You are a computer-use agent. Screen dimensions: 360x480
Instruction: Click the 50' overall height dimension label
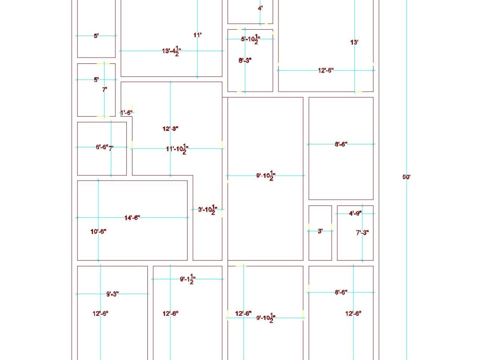pos(406,177)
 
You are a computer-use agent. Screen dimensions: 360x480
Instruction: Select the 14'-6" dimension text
pos(132,218)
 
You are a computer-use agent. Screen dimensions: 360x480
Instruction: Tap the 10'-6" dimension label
pos(98,232)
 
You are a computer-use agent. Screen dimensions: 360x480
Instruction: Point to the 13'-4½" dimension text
pos(171,50)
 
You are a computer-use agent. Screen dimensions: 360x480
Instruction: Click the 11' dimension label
pos(197,35)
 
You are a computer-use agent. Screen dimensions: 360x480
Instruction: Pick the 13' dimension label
pos(354,43)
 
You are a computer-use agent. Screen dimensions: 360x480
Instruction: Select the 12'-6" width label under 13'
pos(325,71)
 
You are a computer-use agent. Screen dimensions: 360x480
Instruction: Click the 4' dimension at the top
pos(260,8)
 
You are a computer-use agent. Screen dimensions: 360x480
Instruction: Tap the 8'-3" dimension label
pos(245,60)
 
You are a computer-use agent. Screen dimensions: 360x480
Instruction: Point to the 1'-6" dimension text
pos(126,113)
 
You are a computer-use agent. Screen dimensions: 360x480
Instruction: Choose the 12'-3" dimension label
pos(170,129)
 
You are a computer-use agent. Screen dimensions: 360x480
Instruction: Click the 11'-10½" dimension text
pos(177,149)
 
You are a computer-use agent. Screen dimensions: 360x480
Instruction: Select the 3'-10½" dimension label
pos(208,210)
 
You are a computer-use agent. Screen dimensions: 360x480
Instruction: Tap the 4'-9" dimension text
pos(355,213)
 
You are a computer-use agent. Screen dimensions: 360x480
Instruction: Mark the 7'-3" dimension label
pos(362,233)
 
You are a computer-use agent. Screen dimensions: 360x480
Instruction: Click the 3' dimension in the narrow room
pos(320,231)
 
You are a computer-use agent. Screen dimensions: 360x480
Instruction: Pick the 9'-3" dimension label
pos(113,294)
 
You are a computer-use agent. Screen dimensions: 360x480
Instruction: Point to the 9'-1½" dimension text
pos(187,279)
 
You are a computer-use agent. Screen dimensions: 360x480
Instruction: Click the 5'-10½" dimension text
pos(250,39)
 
